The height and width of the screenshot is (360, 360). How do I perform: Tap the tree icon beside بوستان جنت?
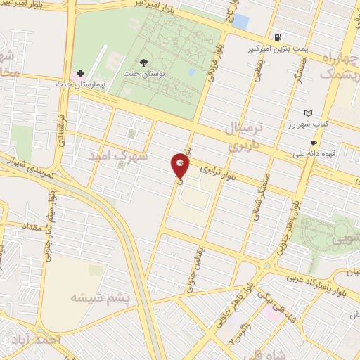pos(144,63)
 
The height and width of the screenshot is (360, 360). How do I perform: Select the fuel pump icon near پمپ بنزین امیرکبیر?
pos(279,38)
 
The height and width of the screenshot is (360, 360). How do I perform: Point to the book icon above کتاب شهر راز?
pos(307,112)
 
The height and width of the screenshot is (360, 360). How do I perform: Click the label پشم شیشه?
pos(101,297)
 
